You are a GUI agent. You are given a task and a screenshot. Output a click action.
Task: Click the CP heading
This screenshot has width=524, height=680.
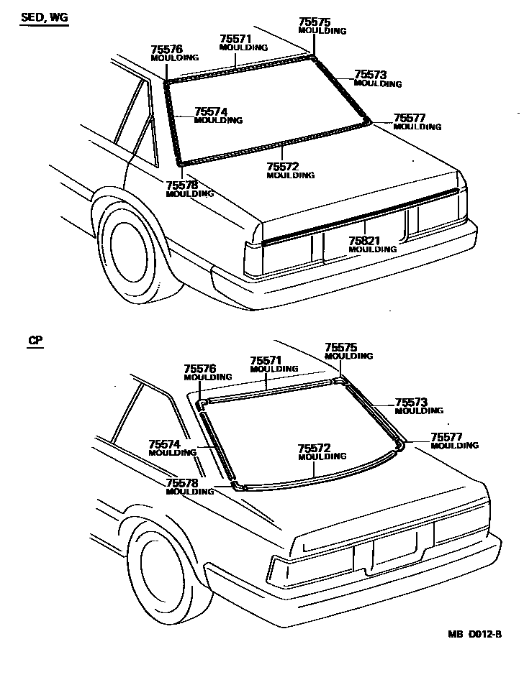pos(35,341)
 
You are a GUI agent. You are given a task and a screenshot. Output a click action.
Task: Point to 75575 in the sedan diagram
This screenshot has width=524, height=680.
pos(315,22)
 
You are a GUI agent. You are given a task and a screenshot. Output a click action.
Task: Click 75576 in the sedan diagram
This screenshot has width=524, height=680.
pos(166,49)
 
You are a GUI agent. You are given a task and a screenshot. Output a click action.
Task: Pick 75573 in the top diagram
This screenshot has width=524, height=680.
pos(371,75)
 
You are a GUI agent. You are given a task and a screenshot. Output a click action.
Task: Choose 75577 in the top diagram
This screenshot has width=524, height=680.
pos(410,118)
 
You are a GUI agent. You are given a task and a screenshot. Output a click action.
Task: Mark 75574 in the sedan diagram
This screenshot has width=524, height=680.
pos(211,111)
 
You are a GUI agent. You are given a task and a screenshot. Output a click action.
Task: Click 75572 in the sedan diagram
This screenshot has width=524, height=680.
pos(283,167)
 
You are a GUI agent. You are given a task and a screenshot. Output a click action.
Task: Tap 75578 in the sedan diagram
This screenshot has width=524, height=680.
pos(182,185)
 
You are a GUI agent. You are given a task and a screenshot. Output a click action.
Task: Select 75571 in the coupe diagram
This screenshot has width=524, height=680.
pos(266,360)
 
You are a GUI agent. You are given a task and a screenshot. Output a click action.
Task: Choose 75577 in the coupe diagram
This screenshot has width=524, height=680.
pos(447,436)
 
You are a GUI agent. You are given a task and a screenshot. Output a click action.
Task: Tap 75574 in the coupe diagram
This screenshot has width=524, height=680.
pos(166,444)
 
